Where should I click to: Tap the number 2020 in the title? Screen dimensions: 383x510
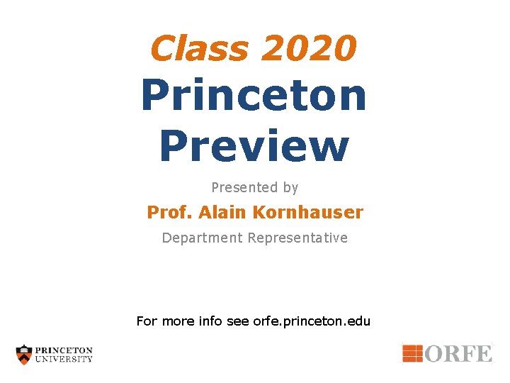coord(309,49)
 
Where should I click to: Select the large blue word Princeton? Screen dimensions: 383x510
coord(254,96)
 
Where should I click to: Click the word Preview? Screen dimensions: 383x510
coord(254,145)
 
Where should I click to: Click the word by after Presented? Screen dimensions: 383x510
coord(290,188)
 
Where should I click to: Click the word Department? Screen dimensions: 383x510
coord(202,238)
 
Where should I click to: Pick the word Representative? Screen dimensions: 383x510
coord(297,238)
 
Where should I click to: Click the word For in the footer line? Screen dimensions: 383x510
coord(147,321)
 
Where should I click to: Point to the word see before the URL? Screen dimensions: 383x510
coord(237,321)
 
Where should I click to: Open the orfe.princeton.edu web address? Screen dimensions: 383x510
coord(312,321)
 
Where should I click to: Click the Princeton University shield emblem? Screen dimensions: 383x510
coord(24,355)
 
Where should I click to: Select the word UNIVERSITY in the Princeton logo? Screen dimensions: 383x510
coord(64,359)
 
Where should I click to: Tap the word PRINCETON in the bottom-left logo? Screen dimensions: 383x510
coord(64,350)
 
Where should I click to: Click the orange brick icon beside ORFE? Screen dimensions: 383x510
coord(412,353)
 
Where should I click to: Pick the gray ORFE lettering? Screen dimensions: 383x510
coord(458,353)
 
